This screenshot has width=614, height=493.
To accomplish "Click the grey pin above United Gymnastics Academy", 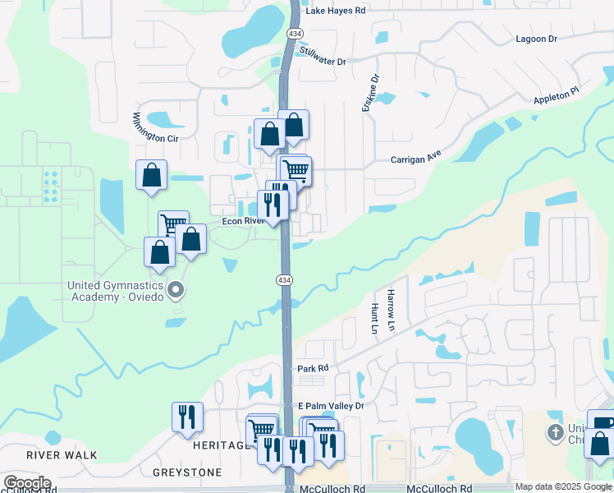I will point(175,290).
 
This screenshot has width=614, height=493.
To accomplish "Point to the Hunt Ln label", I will point(375,318).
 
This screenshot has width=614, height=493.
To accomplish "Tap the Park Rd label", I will point(313,369).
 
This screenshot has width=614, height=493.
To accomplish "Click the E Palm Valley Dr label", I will point(330,406).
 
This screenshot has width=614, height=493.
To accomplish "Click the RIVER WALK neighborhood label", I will point(62,454).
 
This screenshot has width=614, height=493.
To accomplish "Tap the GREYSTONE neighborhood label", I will point(187,472).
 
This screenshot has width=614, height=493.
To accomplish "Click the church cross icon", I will point(556,432).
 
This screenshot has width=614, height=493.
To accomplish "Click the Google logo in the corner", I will point(28,483).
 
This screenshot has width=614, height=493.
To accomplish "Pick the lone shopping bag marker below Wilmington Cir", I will point(151,175).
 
